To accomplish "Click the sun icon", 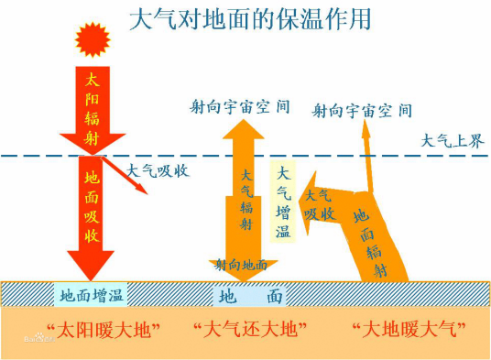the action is coord(92,39).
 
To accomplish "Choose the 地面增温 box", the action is coord(92,295).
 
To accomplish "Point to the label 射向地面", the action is coord(242,265).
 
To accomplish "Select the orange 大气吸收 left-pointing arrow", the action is coord(321,202).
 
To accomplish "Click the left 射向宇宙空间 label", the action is coord(240,106).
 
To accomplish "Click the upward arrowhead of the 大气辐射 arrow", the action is coord(246,128).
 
